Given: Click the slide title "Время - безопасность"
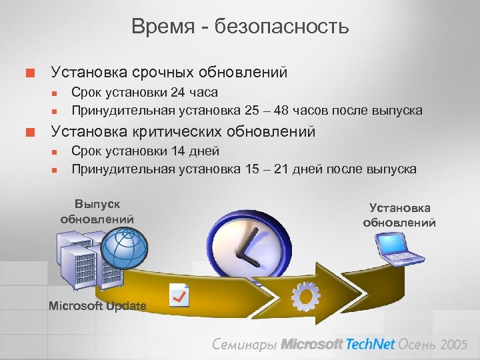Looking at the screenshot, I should tap(240, 27).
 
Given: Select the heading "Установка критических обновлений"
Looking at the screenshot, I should tap(183, 131).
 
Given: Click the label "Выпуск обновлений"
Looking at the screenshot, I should tap(97, 211).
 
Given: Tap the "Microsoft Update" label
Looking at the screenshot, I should tap(97, 306).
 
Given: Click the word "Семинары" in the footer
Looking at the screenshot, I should tap(243, 344).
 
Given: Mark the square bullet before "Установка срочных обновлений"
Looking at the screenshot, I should tap(29, 71).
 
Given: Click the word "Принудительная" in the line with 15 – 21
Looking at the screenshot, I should tap(122, 169).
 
